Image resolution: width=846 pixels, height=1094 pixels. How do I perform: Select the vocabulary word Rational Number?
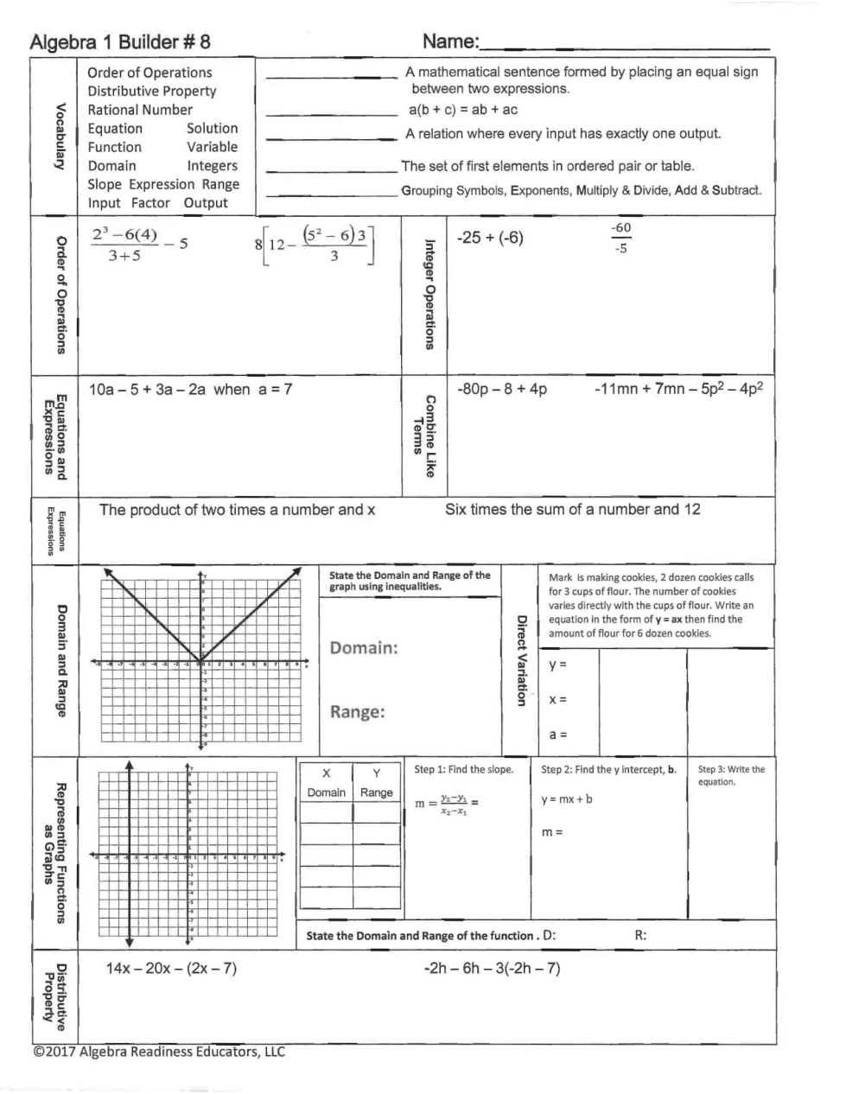140,110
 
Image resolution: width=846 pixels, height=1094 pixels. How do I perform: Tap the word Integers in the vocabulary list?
212,165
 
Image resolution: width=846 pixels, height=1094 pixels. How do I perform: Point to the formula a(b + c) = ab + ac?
463,110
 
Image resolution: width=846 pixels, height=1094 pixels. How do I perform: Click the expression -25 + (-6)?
490,238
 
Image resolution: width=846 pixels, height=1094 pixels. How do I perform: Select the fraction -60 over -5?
620,238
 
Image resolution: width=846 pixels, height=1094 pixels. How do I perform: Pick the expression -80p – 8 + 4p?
502,389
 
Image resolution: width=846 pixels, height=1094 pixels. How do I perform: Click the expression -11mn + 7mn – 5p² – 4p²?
678,389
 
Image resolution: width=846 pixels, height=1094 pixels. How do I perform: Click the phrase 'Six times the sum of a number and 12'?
572,509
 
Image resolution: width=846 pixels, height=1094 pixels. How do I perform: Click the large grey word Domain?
364,648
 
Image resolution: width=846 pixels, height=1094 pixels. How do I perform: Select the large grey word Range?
357,712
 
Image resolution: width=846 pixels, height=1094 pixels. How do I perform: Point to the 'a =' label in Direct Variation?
558,735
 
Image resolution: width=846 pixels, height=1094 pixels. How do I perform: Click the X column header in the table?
326,773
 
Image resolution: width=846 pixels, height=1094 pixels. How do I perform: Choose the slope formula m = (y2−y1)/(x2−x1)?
447,804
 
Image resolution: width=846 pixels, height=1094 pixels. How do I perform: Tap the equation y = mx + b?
567,799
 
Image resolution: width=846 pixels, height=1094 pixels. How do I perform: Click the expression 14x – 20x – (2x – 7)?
171,968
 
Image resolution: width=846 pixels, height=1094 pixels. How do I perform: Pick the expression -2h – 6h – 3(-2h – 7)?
492,968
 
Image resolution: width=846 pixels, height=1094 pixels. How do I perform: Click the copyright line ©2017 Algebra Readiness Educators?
158,1052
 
